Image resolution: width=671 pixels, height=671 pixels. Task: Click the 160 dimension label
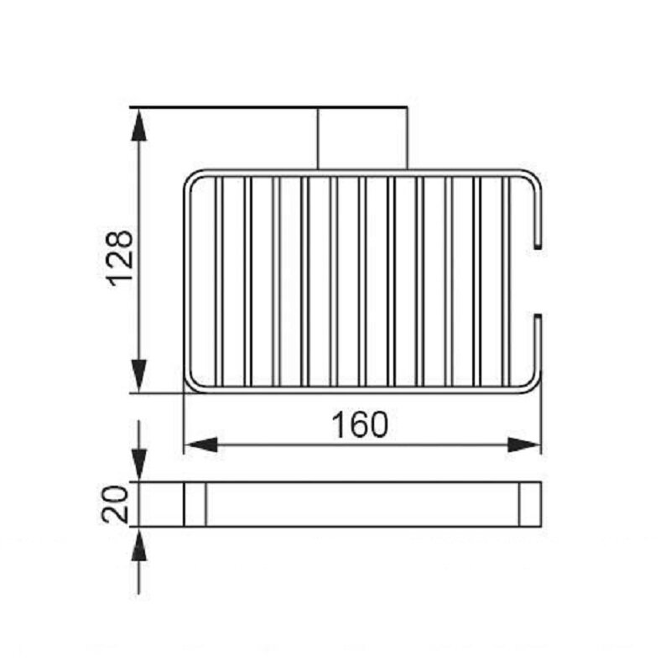(x=361, y=424)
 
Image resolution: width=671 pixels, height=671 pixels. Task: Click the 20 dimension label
(x=115, y=504)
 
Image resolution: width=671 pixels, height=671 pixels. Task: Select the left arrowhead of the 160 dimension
(x=200, y=445)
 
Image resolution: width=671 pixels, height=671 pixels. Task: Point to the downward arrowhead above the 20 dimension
(x=138, y=465)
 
